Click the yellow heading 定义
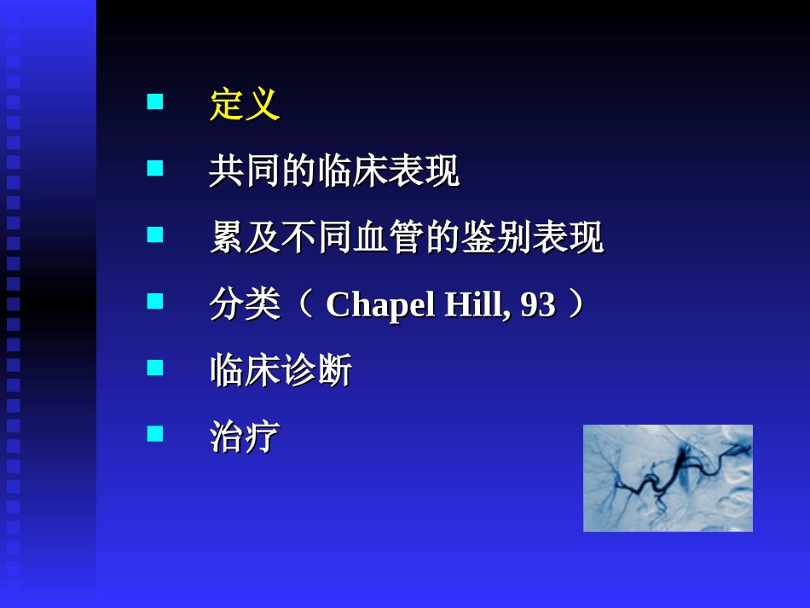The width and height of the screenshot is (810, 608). (245, 106)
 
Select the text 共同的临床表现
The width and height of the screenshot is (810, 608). (334, 172)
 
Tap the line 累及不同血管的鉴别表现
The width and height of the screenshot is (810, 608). (407, 238)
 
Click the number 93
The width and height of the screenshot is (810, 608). (538, 304)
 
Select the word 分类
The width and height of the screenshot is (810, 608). (245, 304)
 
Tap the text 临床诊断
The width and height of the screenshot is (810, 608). (281, 371)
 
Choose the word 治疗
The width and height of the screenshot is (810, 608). (245, 437)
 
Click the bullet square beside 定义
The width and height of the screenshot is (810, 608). (155, 103)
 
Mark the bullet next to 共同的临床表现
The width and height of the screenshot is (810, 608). (155, 169)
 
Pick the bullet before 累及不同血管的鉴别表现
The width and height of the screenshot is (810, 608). (155, 235)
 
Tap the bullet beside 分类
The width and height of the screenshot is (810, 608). (155, 301)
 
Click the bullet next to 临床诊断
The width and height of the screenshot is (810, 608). (155, 368)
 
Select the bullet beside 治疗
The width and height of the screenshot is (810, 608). (155, 434)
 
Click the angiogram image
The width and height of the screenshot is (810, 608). (668, 478)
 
